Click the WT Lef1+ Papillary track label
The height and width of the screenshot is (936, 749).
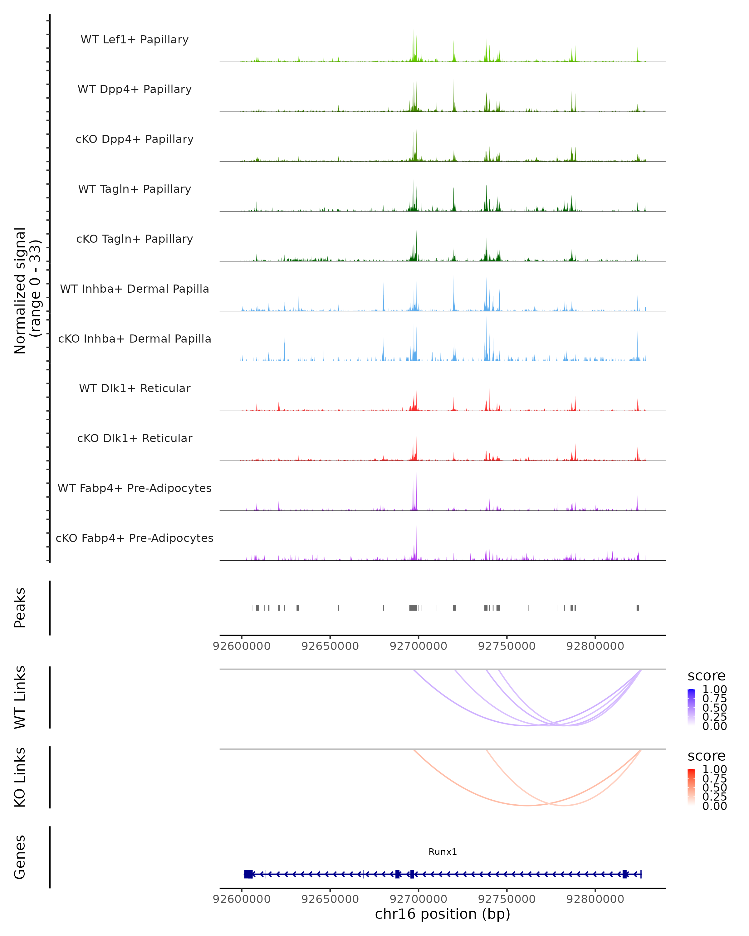[x=135, y=40]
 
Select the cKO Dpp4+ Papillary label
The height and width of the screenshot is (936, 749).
[x=135, y=139]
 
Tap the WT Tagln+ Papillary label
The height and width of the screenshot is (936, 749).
[x=135, y=189]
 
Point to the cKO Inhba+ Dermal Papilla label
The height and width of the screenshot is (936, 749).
[x=135, y=339]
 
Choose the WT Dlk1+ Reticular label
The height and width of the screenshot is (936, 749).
[x=135, y=388]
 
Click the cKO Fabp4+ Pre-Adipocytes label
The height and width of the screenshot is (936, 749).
[x=135, y=538]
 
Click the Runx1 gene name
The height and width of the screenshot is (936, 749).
[x=443, y=852]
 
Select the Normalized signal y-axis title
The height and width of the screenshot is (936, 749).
[x=27, y=290]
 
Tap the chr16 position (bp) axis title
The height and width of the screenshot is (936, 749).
[x=443, y=914]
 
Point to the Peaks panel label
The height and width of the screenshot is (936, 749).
[x=20, y=608]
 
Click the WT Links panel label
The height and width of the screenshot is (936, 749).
[x=20, y=697]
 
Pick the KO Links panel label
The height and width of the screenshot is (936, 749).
[x=20, y=777]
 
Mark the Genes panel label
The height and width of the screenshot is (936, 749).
[x=20, y=857]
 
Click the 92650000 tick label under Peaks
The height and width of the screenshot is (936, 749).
[x=330, y=646]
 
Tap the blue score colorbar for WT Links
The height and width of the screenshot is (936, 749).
[x=691, y=707]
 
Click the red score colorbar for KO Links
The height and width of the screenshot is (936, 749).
[x=691, y=787]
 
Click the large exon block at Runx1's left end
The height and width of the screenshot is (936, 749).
[x=248, y=874]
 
